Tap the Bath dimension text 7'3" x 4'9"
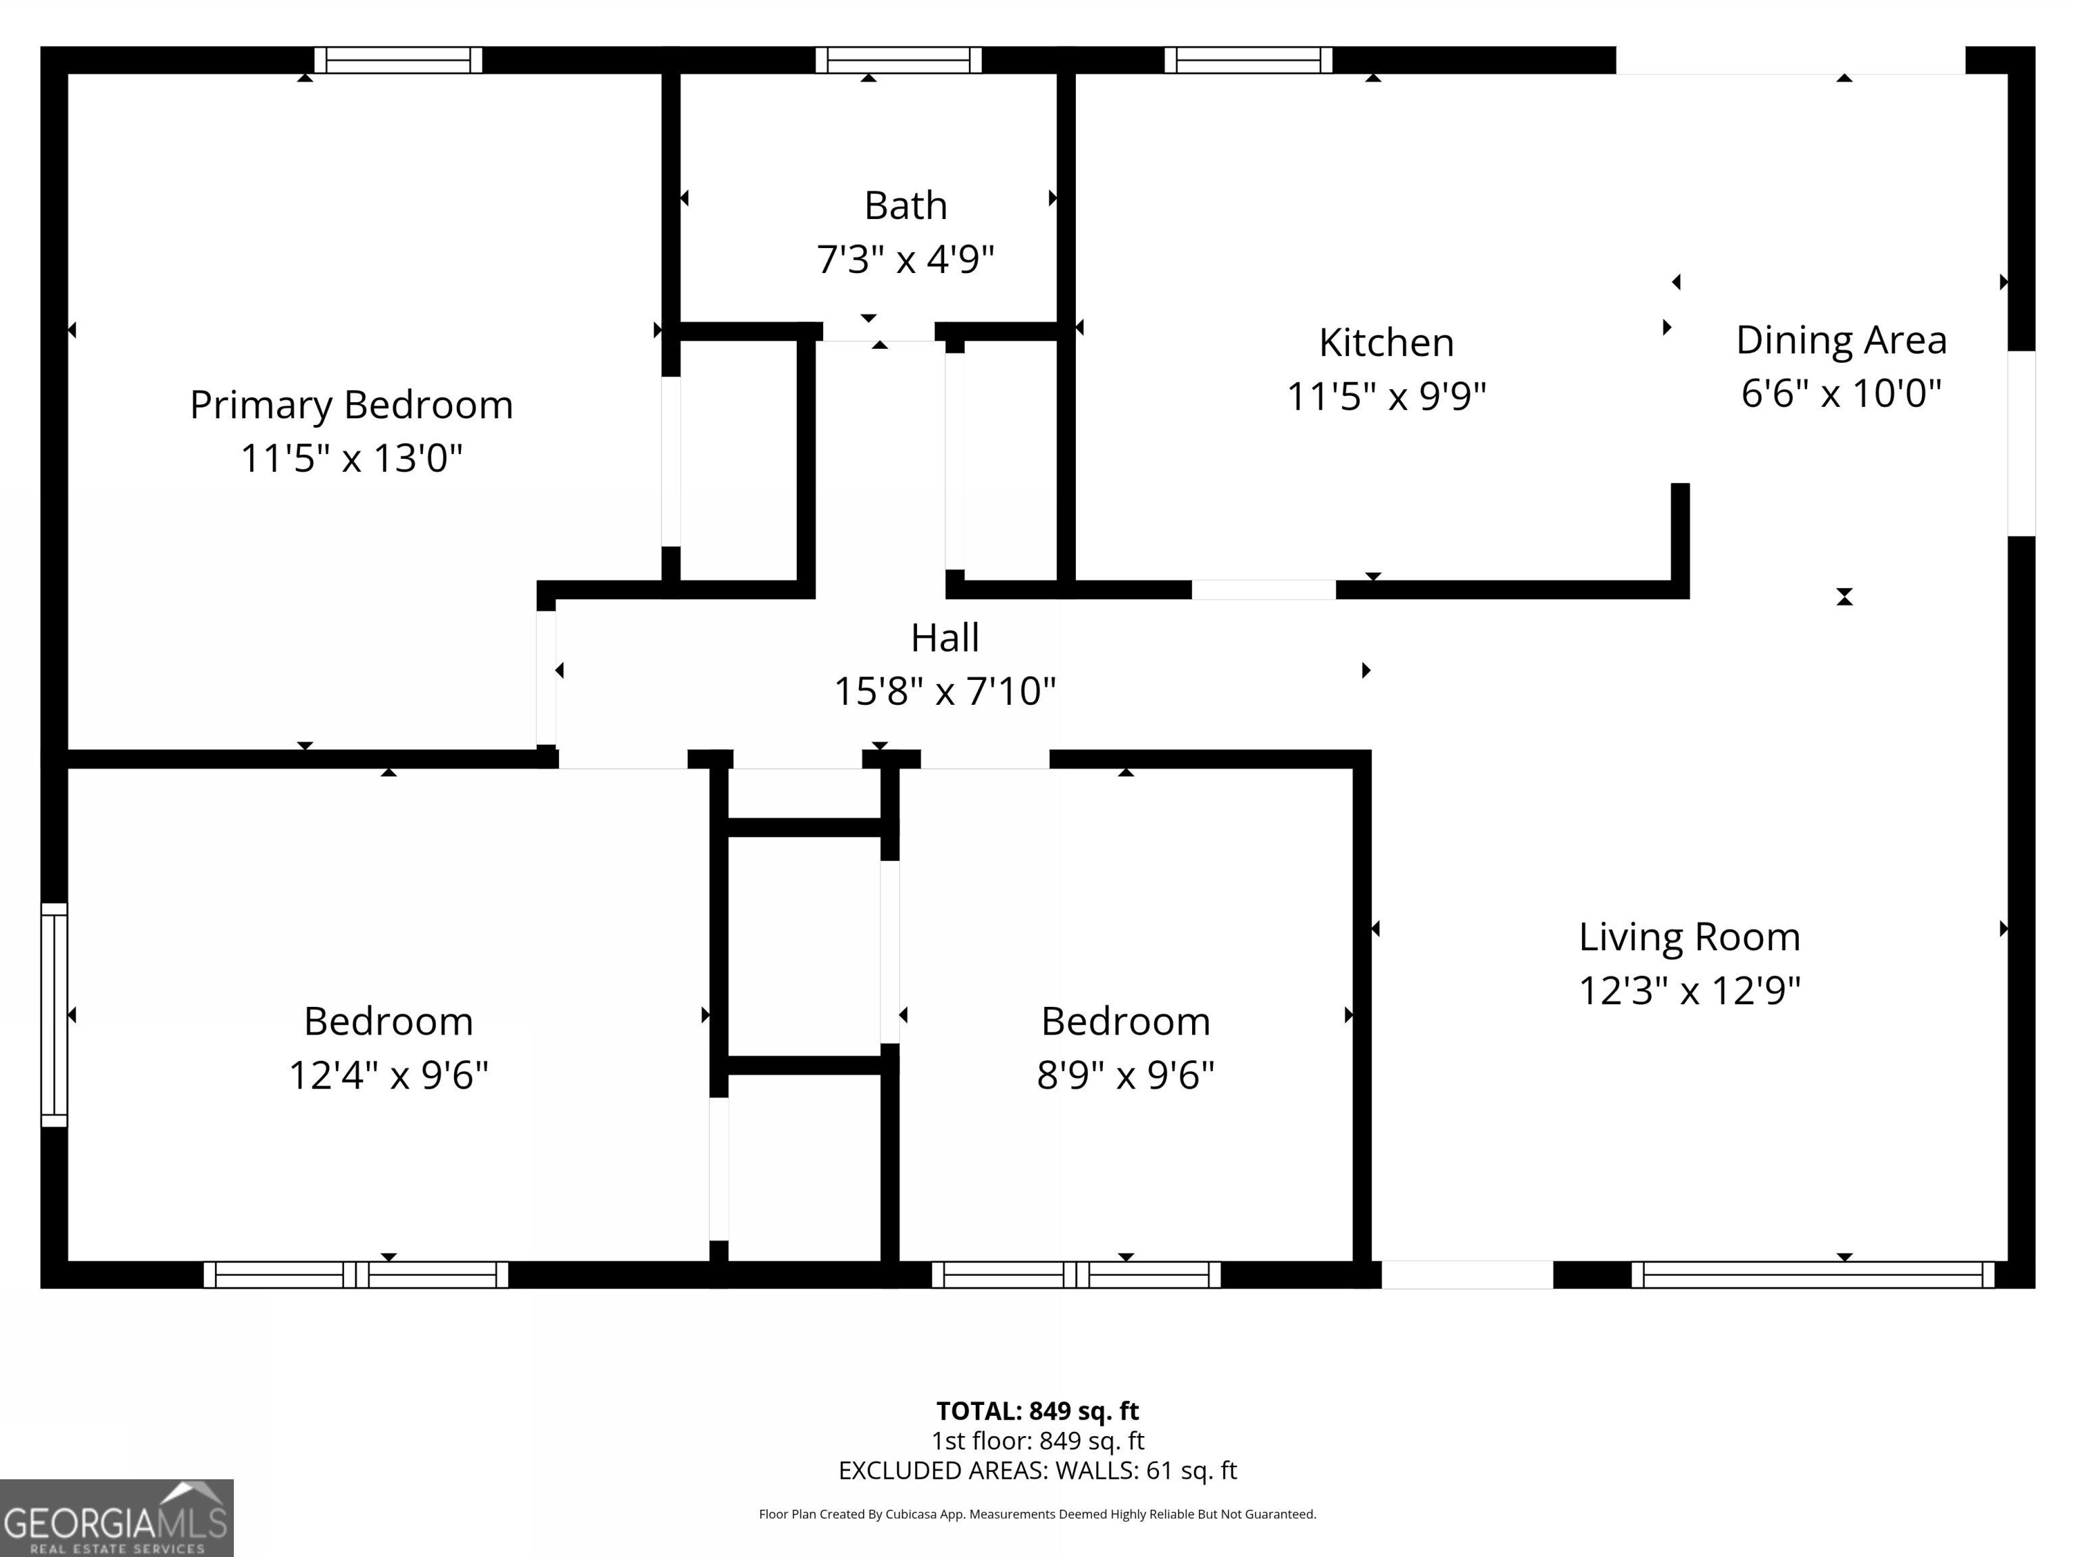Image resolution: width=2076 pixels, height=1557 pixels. (906, 259)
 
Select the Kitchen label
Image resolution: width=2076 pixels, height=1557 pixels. (1386, 343)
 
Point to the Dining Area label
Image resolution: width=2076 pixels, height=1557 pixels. (1842, 341)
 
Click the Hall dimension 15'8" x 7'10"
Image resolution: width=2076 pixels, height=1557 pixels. (945, 692)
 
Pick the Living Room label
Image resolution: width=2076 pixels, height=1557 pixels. (1689, 937)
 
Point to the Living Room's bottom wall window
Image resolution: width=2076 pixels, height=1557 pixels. (1813, 1275)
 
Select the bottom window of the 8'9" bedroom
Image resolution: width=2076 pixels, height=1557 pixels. (1077, 1275)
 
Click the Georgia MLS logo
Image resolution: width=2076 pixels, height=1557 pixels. (116, 1518)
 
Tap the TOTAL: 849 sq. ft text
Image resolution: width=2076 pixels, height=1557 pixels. (1037, 1410)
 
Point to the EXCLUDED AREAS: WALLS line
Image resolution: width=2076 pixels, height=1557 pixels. (1037, 1470)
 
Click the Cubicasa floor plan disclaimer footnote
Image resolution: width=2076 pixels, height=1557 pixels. (1037, 1514)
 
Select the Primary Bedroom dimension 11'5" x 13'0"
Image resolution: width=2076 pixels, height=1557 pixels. (352, 459)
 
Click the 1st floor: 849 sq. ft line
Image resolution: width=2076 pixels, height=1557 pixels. (1037, 1441)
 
